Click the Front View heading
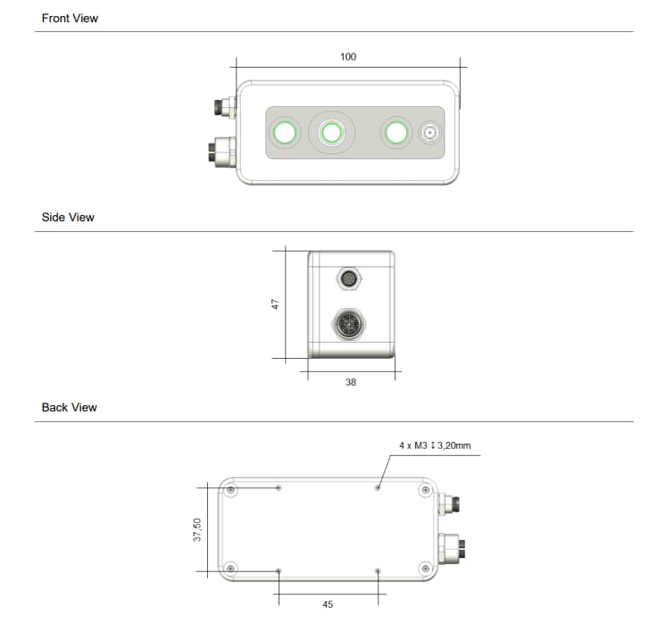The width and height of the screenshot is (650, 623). pos(70,18)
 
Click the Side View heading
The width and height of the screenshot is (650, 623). pos(68,217)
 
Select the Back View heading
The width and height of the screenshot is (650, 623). pos(70,407)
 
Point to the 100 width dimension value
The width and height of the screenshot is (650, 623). pos(348,57)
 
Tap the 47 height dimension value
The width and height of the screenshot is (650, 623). pos(276,304)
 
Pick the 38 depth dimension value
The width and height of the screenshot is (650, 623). pos(351,382)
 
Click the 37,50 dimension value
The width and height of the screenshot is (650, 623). pos(197,528)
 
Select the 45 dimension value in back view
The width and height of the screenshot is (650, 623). pos(328,604)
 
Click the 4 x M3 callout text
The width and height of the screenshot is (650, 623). pos(434,444)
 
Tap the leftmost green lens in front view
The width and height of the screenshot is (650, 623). pos(286,134)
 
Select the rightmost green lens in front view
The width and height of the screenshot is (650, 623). pos(395,134)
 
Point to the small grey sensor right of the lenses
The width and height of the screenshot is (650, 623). pos(429,134)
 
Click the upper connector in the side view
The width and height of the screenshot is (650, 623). pos(349,279)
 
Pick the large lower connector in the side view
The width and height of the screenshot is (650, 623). pos(348,324)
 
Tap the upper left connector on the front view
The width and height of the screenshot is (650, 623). pos(223,109)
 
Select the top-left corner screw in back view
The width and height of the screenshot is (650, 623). pos(231,490)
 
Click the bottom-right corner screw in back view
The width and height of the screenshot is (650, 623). pos(424,568)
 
